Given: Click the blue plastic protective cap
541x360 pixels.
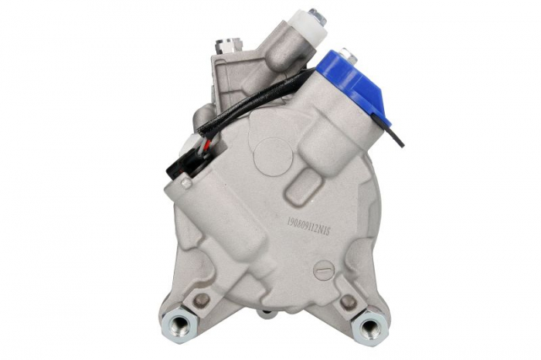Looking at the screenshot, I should pyautogui.click(x=356, y=81).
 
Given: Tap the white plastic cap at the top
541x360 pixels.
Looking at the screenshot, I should pyautogui.click(x=306, y=23).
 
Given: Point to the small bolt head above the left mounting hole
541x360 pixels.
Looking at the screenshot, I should pyautogui.click(x=202, y=298).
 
